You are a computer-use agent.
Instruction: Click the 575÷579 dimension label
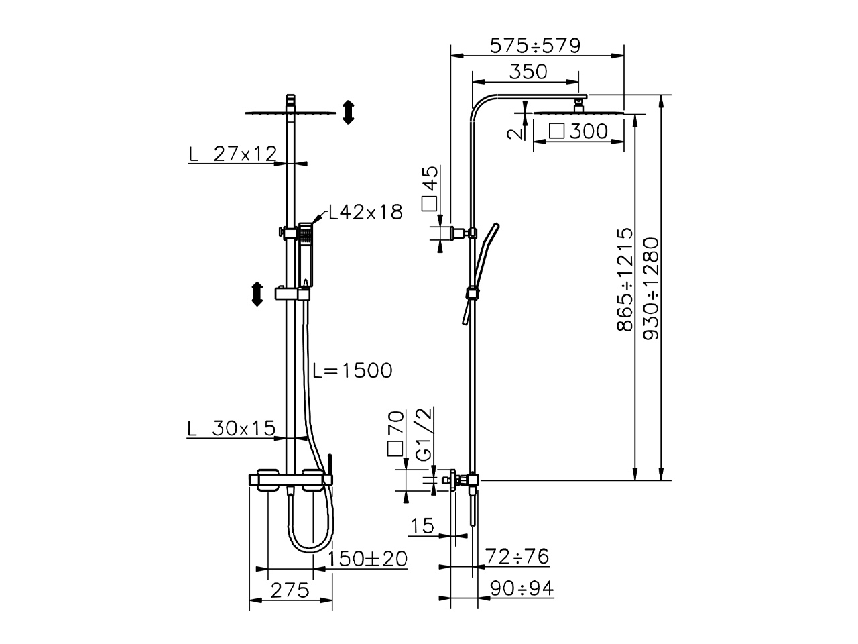pos(534,46)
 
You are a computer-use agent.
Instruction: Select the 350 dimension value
pos(528,71)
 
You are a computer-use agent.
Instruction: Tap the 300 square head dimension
pos(578,131)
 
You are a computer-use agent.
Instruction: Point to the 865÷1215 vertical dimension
pos(624,280)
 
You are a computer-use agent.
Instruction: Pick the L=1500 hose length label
pos(353,370)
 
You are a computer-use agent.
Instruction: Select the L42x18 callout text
pos(365,213)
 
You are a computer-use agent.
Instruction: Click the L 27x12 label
pos(233,154)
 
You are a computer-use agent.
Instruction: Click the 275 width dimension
pos(290,590)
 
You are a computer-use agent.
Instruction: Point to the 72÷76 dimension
pos(517,556)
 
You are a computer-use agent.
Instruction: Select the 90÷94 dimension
pos(521,588)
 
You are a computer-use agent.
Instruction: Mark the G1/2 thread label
pos(424,433)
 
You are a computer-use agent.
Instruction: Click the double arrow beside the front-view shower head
pos(347,112)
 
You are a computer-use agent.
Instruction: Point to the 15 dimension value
pos(423,525)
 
